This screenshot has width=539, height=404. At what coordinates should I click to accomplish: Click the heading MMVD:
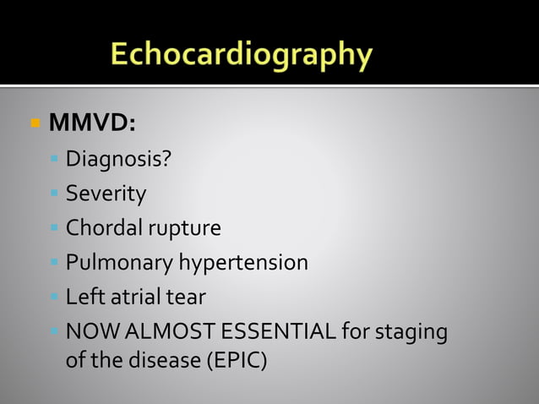pos(92,123)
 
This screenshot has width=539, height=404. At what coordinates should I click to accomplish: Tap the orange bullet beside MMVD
pos(35,123)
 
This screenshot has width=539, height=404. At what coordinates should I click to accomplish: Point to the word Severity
pos(106,194)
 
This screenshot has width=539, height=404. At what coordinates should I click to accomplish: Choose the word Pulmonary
pos(118,264)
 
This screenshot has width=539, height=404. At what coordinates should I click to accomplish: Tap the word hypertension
pos(242,264)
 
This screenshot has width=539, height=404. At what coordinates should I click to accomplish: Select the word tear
pos(187,298)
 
